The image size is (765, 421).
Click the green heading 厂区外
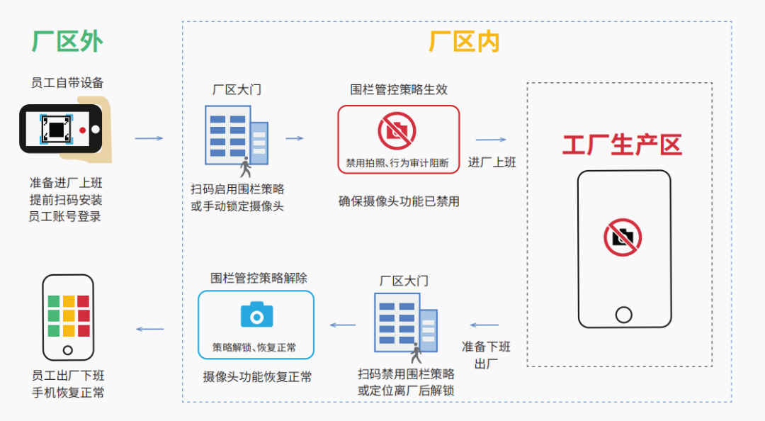click(x=67, y=42)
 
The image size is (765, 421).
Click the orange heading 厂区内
click(x=464, y=42)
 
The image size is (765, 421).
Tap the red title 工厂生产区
click(x=621, y=145)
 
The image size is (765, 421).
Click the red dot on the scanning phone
click(x=83, y=130)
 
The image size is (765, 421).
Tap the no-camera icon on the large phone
click(x=623, y=237)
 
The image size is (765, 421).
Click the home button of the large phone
click(x=623, y=314)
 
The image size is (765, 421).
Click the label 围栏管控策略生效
click(x=399, y=90)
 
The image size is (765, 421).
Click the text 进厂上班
click(x=492, y=162)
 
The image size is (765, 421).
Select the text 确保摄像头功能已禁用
click(x=399, y=201)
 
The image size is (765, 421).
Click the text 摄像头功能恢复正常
click(x=257, y=376)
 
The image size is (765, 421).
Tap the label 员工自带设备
click(x=67, y=83)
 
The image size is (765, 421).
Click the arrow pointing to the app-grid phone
click(x=149, y=329)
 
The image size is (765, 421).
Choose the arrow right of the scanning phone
click(x=149, y=137)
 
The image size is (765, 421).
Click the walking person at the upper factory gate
click(x=246, y=167)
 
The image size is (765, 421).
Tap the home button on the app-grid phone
click(x=67, y=349)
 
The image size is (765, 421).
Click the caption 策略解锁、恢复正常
click(x=254, y=347)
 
